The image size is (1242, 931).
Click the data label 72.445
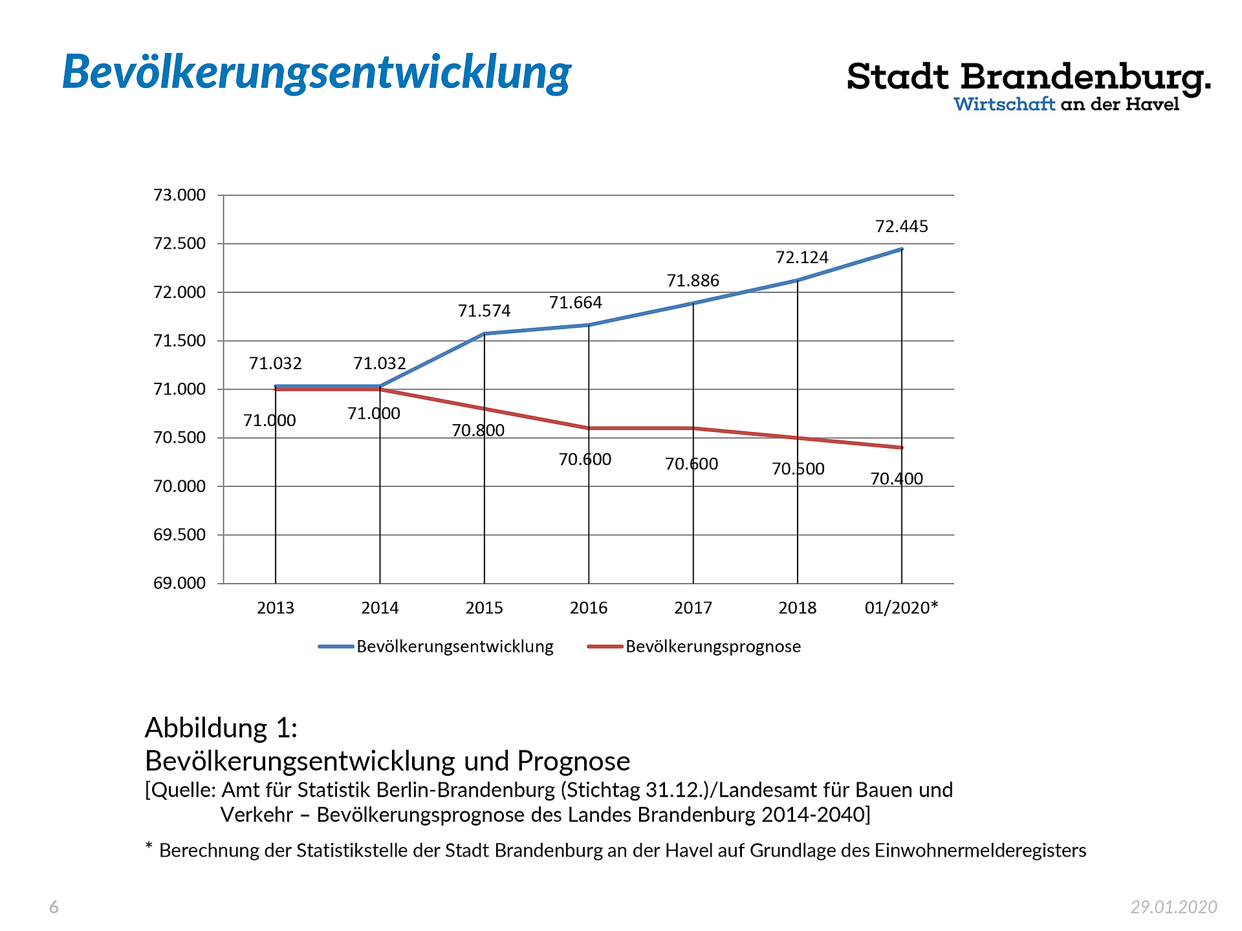point(901,227)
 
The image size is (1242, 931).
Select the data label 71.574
point(484,312)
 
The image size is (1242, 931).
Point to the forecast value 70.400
point(897,479)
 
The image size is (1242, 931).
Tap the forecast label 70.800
point(478,431)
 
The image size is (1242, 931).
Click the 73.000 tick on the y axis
point(179,195)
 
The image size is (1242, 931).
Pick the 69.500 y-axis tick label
point(179,535)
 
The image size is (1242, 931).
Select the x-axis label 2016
point(589,608)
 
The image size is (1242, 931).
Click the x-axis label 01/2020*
point(901,608)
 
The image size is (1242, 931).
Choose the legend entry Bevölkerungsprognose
point(713,647)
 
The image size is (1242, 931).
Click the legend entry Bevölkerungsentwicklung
point(455,647)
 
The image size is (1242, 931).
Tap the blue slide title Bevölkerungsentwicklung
point(316,72)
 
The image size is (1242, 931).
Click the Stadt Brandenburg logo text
point(1028,78)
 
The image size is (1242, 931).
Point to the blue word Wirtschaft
point(1004,105)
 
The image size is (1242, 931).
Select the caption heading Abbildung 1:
point(221,728)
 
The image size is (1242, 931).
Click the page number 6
point(54,907)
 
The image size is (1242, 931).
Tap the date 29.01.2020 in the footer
point(1173,907)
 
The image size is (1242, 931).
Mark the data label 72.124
point(802,258)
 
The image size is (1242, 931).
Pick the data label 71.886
point(693,281)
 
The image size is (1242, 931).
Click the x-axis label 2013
point(276,608)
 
